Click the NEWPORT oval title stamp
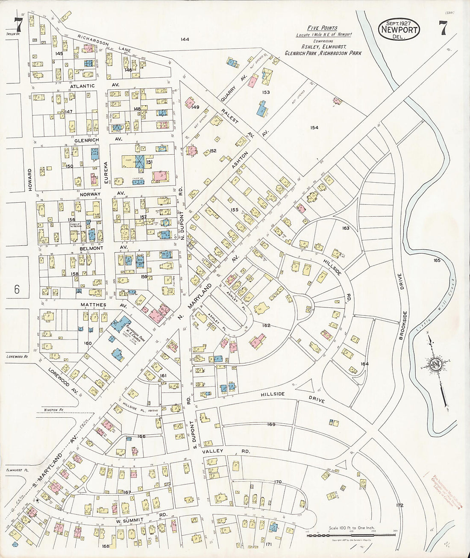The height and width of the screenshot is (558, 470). coord(399,30)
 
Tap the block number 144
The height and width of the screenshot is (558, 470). coord(185,39)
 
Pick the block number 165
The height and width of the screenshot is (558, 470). coord(436,260)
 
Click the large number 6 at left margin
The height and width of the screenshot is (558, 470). coord(16,289)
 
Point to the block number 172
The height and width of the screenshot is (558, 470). coord(399,505)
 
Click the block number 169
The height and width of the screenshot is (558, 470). coord(271,425)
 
